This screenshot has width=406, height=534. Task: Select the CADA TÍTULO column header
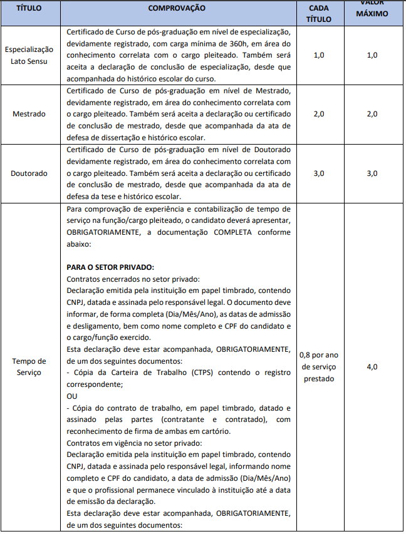(318, 13)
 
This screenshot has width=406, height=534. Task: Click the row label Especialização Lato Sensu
(29, 54)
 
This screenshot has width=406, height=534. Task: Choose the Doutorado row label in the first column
(29, 173)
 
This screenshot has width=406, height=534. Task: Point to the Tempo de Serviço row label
(29, 367)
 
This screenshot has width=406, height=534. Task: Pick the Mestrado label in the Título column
(29, 114)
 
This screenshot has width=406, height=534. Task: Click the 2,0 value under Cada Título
(318, 114)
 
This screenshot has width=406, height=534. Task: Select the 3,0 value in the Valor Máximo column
(372, 173)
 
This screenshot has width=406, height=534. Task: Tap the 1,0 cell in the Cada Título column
(318, 55)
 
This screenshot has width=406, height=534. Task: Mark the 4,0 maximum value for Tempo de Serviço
(372, 367)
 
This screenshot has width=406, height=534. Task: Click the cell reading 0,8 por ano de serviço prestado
(318, 367)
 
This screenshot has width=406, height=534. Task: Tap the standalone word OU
(72, 397)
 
